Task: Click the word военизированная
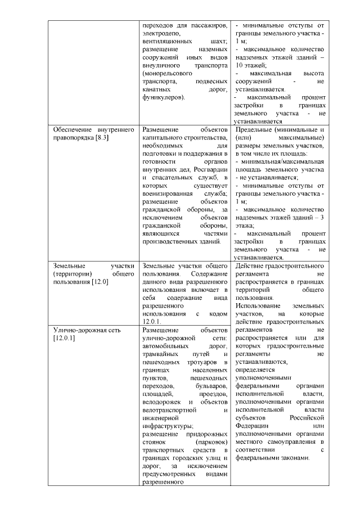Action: [169, 192]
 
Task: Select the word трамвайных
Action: [163, 354]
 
